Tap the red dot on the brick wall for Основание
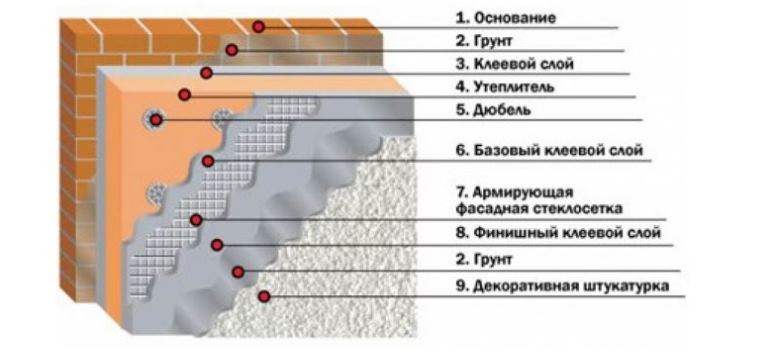[258, 27]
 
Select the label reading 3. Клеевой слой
[515, 64]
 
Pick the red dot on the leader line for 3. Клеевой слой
[206, 73]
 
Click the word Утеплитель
[514, 87]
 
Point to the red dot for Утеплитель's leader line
[185, 95]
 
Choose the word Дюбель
[502, 110]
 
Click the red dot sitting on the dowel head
[156, 120]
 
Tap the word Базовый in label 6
[507, 150]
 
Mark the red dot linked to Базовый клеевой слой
[208, 161]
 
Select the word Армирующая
[523, 192]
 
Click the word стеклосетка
[578, 208]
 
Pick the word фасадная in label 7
[492, 208]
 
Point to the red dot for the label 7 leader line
[196, 220]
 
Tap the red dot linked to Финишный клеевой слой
[217, 245]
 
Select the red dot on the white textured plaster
[264, 296]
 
